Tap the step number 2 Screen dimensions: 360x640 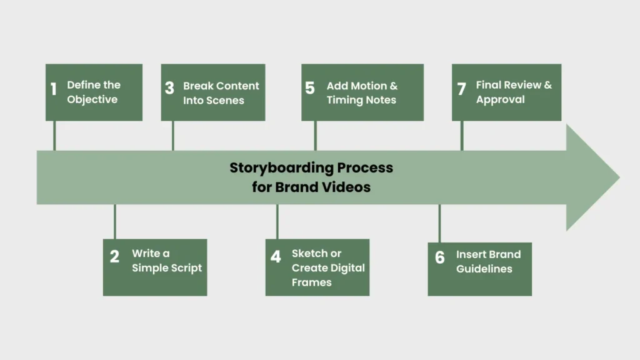(114, 257)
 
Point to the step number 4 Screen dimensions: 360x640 (276, 257)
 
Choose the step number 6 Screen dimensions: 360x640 (440, 257)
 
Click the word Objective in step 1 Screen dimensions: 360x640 (92, 99)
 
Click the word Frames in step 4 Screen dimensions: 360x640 (312, 282)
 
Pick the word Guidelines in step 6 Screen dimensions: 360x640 (484, 269)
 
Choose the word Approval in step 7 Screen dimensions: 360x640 (501, 100)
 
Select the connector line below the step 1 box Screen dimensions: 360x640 (54, 136)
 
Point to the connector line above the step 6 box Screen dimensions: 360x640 (439, 224)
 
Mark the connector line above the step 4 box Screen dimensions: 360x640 (277, 222)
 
